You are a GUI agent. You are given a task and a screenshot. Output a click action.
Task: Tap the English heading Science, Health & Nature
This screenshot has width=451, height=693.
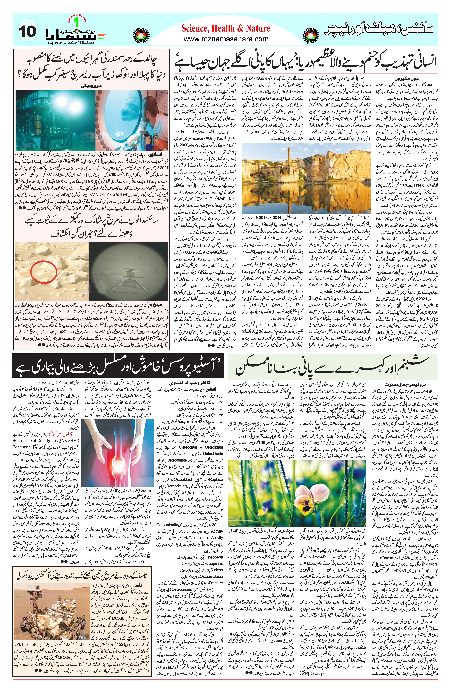click(x=225, y=28)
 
